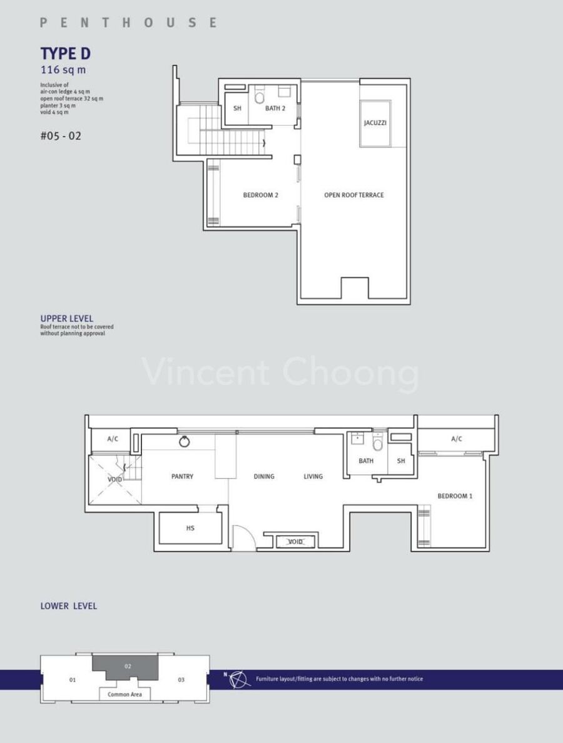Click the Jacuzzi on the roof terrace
[x=375, y=123]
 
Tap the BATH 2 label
[x=275, y=109]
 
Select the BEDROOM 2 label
[x=260, y=195]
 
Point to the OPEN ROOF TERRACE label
[x=354, y=195]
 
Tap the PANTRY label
[x=182, y=476]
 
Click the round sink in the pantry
[x=185, y=442]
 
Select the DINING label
[x=264, y=476]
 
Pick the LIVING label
[x=313, y=476]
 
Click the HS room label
[x=190, y=528]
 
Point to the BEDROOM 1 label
[x=455, y=496]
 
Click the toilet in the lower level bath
[x=378, y=444]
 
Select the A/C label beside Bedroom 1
[x=456, y=439]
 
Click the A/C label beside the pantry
[x=113, y=439]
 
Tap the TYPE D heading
[x=66, y=54]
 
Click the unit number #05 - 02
[x=61, y=136]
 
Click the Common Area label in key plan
[x=124, y=694]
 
